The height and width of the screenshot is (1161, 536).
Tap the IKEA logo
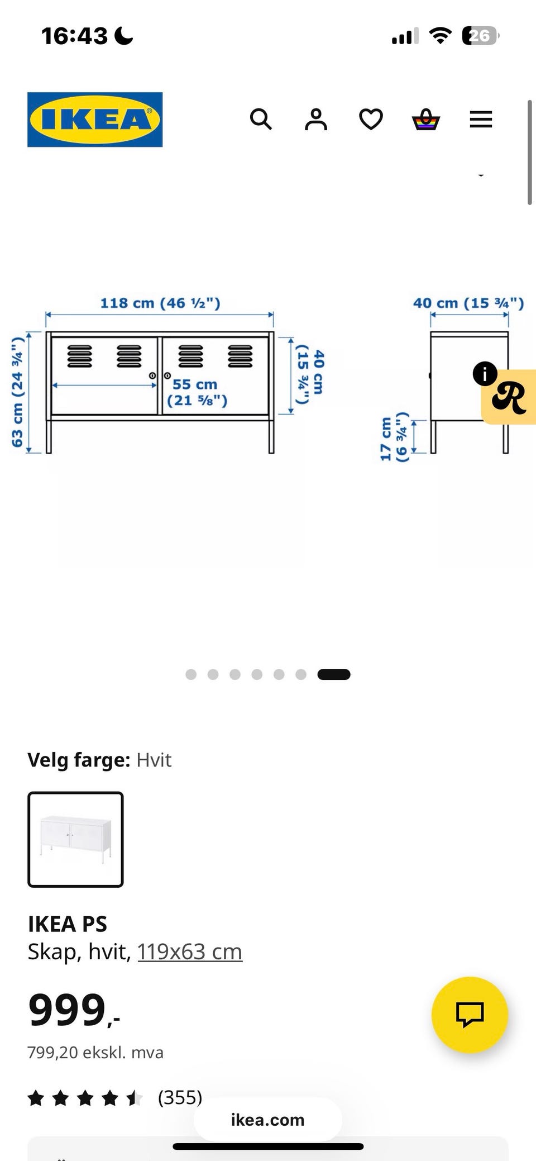tap(95, 120)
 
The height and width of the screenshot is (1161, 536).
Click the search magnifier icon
tap(261, 120)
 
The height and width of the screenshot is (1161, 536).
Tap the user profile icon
tap(315, 120)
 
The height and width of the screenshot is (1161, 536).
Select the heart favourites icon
tap(371, 120)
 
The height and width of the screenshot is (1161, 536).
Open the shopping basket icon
tap(426, 120)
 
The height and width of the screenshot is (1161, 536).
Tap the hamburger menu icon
tap(481, 120)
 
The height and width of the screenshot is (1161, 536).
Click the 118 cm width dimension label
tap(160, 303)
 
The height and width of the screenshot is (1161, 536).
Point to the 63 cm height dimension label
tap(17, 392)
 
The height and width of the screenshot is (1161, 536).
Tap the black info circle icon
tap(485, 373)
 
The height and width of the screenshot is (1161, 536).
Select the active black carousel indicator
tap(333, 674)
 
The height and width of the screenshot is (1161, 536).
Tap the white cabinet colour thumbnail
tap(75, 839)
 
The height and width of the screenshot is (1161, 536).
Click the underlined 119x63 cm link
tap(190, 951)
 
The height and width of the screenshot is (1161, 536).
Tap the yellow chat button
tap(470, 1015)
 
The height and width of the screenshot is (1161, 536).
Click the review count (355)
tap(180, 1097)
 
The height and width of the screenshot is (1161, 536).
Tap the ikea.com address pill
tap(267, 1120)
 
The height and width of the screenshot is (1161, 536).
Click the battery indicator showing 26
tap(480, 36)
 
